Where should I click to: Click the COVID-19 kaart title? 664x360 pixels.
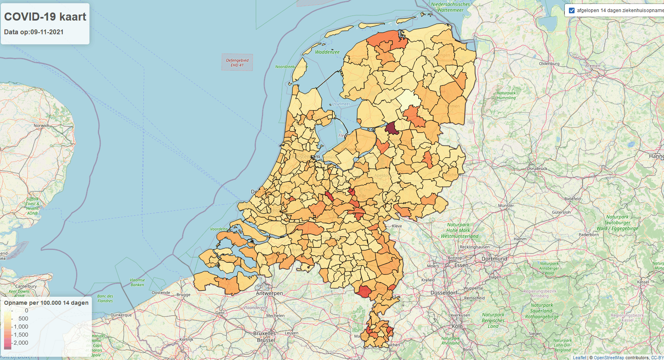pos(45,17)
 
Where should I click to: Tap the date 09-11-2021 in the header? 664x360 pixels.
pos(47,32)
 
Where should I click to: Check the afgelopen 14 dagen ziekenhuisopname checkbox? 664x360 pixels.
pos(572,10)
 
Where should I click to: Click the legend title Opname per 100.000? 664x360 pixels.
pos(46,303)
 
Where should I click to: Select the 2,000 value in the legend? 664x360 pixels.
pos(21,343)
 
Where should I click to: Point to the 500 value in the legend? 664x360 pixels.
pos(23,318)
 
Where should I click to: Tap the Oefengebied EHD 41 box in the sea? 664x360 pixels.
pos(237,62)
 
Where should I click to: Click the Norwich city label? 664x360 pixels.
pos(41,125)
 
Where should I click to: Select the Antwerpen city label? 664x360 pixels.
pos(270,293)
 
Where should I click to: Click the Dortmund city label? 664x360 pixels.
pos(494,259)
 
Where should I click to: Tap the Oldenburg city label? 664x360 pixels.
pos(549,64)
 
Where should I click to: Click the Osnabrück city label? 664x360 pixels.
pos(537,169)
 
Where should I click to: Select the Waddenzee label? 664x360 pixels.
pos(327,52)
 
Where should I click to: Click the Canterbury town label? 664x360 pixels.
pos(26,286)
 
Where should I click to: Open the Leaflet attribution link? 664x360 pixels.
pos(579,358)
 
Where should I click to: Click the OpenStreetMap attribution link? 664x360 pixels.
pos(609,358)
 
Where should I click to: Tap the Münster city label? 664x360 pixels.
pos(506,206)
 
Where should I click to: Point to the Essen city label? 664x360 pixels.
pos(461,265)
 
